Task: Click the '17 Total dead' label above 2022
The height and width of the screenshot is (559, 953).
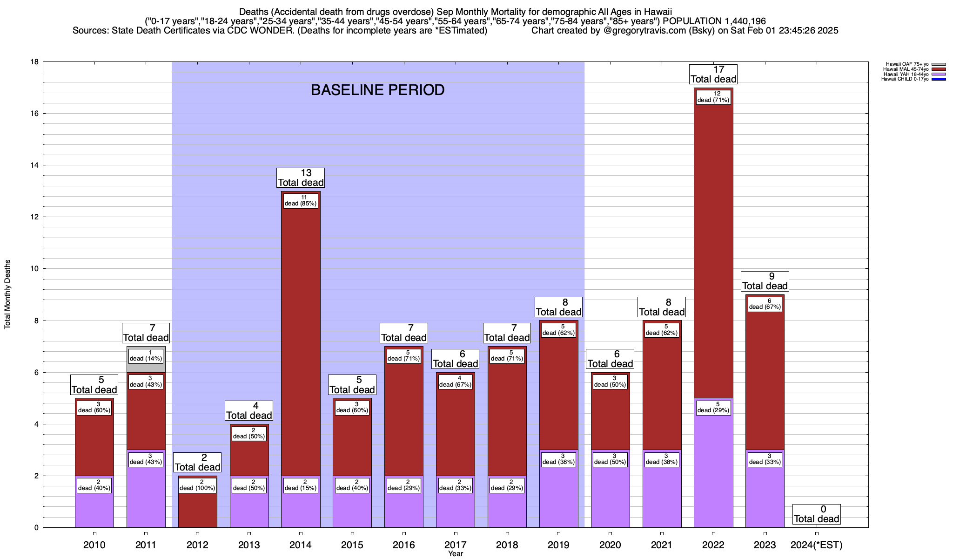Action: [713, 75]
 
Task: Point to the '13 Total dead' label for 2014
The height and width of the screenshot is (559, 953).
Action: [301, 178]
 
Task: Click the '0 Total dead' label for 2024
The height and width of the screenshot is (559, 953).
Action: [817, 514]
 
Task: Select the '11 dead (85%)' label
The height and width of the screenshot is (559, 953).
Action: [301, 200]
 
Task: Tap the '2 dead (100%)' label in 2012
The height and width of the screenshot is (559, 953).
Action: [197, 485]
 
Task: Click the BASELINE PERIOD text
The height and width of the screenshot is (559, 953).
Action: [377, 90]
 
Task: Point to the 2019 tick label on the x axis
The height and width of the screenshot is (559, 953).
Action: [558, 545]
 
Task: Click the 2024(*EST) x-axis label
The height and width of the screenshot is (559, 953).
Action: [817, 545]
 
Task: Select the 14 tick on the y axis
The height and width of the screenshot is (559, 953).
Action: [34, 165]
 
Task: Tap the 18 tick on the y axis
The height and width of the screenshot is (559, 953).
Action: [34, 62]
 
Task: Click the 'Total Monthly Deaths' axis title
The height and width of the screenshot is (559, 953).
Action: [7, 294]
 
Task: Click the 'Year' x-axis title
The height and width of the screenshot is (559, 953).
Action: [456, 554]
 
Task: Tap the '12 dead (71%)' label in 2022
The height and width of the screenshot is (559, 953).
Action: [713, 97]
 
